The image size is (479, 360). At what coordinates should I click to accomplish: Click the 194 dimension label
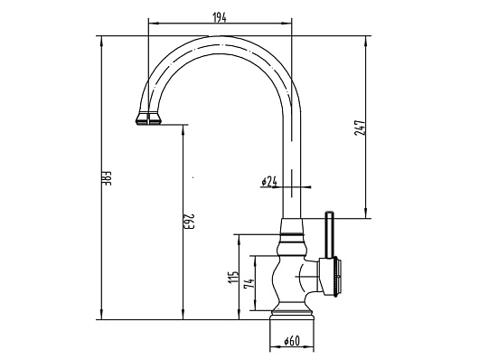[x=220, y=18]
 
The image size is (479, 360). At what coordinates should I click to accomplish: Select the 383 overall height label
[x=108, y=178]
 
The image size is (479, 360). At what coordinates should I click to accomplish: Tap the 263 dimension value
[x=191, y=222]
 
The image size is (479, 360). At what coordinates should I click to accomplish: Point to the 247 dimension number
[x=360, y=128]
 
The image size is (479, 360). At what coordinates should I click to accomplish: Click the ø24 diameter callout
[x=269, y=182]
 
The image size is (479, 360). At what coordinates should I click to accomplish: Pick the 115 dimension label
[x=233, y=277]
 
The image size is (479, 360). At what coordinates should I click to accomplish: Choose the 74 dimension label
[x=249, y=283]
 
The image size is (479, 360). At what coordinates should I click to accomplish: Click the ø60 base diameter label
[x=292, y=340]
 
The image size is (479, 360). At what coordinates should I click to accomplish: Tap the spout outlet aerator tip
[x=148, y=118]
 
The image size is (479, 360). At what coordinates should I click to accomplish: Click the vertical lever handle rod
[x=330, y=234]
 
